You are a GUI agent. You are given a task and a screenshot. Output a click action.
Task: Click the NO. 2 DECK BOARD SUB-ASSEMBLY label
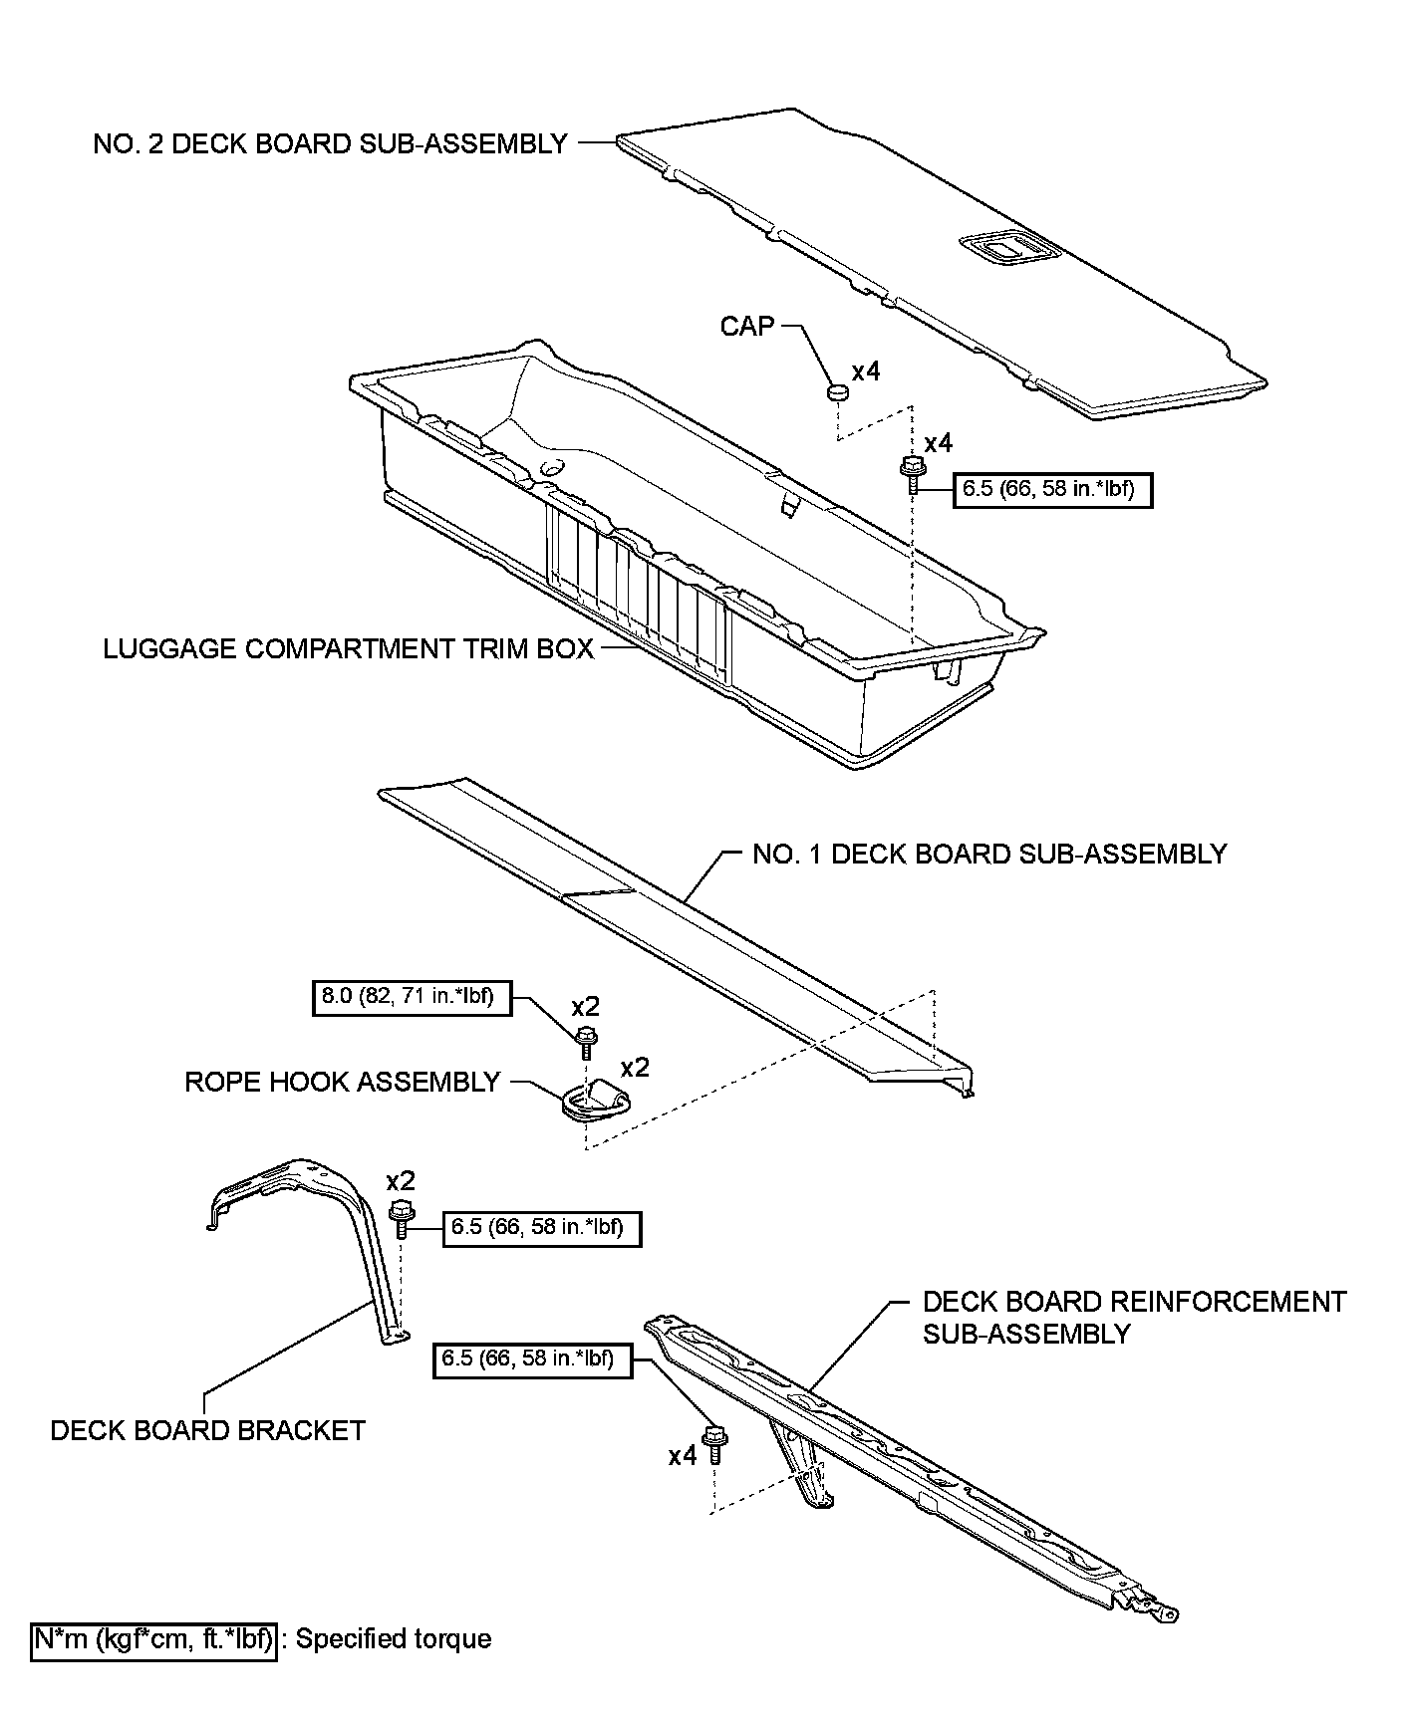[x=330, y=144]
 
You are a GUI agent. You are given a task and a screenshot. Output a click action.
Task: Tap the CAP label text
[x=746, y=326]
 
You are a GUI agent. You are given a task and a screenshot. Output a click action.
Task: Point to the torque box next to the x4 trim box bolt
[x=1052, y=490]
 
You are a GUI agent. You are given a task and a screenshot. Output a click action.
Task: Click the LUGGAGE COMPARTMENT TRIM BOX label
[x=348, y=649]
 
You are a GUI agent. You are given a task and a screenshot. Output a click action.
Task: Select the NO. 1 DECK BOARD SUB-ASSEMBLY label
[x=989, y=855]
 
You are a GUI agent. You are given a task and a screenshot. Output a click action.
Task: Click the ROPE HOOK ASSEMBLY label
[x=342, y=1083]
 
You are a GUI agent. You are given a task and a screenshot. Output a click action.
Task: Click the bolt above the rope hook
[x=587, y=1042]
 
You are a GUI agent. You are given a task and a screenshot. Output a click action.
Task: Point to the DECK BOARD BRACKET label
[x=207, y=1431]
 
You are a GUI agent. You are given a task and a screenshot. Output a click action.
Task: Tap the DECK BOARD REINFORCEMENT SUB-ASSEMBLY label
[x=1134, y=1318]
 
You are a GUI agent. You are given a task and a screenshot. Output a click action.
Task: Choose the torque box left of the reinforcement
[x=532, y=1358]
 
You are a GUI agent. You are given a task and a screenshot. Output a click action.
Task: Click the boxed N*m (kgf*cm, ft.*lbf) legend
[x=152, y=1639]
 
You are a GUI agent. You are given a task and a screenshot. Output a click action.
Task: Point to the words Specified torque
[x=394, y=1639]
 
